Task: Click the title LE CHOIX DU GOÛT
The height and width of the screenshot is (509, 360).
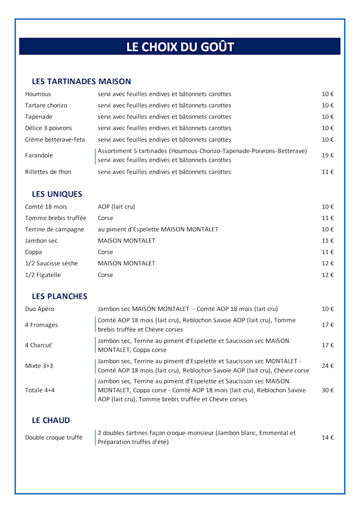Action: tap(180, 47)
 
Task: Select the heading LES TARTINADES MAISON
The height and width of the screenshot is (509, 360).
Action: tap(82, 82)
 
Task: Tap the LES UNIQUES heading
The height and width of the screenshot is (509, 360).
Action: tap(57, 194)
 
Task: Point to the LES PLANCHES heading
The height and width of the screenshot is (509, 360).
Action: tap(60, 296)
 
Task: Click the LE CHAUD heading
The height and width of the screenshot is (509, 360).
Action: tap(51, 420)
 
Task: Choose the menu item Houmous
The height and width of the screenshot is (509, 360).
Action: tap(38, 94)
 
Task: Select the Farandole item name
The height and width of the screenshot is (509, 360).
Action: tap(39, 155)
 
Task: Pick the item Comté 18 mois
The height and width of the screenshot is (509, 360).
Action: tap(46, 206)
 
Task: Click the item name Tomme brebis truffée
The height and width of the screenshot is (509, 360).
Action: tap(56, 218)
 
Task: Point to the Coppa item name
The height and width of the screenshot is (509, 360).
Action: tap(33, 252)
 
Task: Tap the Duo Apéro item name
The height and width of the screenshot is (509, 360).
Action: tap(39, 309)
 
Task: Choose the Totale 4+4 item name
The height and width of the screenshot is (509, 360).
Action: tap(40, 390)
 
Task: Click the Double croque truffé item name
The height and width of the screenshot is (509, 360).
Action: tap(53, 437)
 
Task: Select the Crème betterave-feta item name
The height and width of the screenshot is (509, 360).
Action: tap(55, 139)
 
